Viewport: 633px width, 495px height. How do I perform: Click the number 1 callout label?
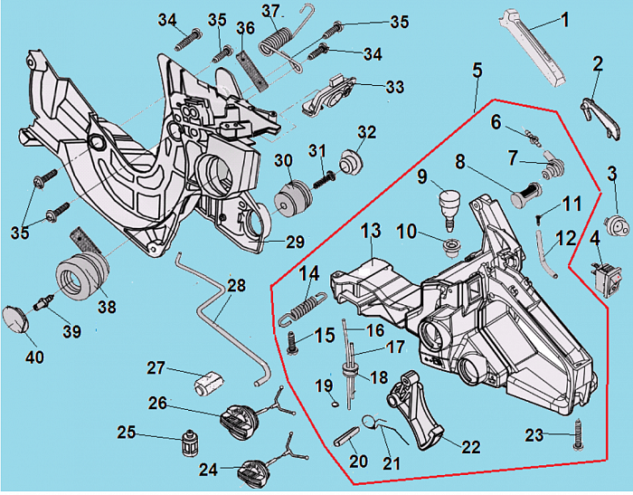click(x=564, y=19)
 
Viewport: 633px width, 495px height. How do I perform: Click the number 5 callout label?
click(x=477, y=70)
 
